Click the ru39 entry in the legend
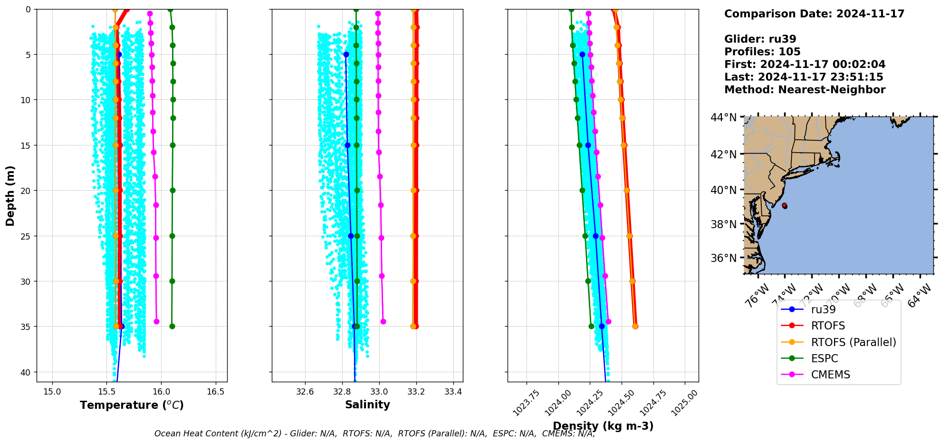tap(823, 309)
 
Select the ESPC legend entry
tap(824, 358)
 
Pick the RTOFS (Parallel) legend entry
tap(853, 342)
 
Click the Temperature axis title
tap(132, 405)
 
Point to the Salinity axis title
tap(367, 405)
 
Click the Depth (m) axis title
tap(10, 195)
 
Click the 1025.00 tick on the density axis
tap(685, 402)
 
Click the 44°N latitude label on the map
tap(723, 117)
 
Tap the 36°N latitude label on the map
tap(723, 258)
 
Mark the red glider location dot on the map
tap(784, 205)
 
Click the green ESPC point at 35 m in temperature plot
tap(172, 326)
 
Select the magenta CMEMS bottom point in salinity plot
tap(383, 322)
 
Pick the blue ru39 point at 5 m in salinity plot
tap(346, 55)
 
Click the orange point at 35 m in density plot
tap(635, 326)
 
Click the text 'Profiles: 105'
tap(762, 52)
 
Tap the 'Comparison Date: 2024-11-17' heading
tap(814, 14)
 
